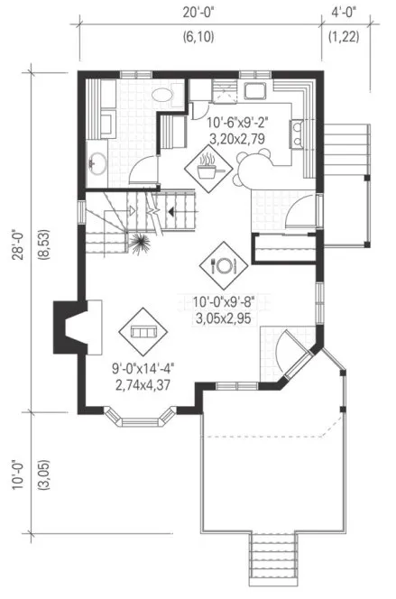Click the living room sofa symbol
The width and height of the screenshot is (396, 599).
tap(142, 333)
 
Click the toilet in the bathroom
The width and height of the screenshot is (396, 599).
tap(164, 93)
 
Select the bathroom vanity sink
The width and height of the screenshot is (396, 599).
tap(98, 162)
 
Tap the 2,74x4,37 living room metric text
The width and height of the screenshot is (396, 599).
tap(144, 384)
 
